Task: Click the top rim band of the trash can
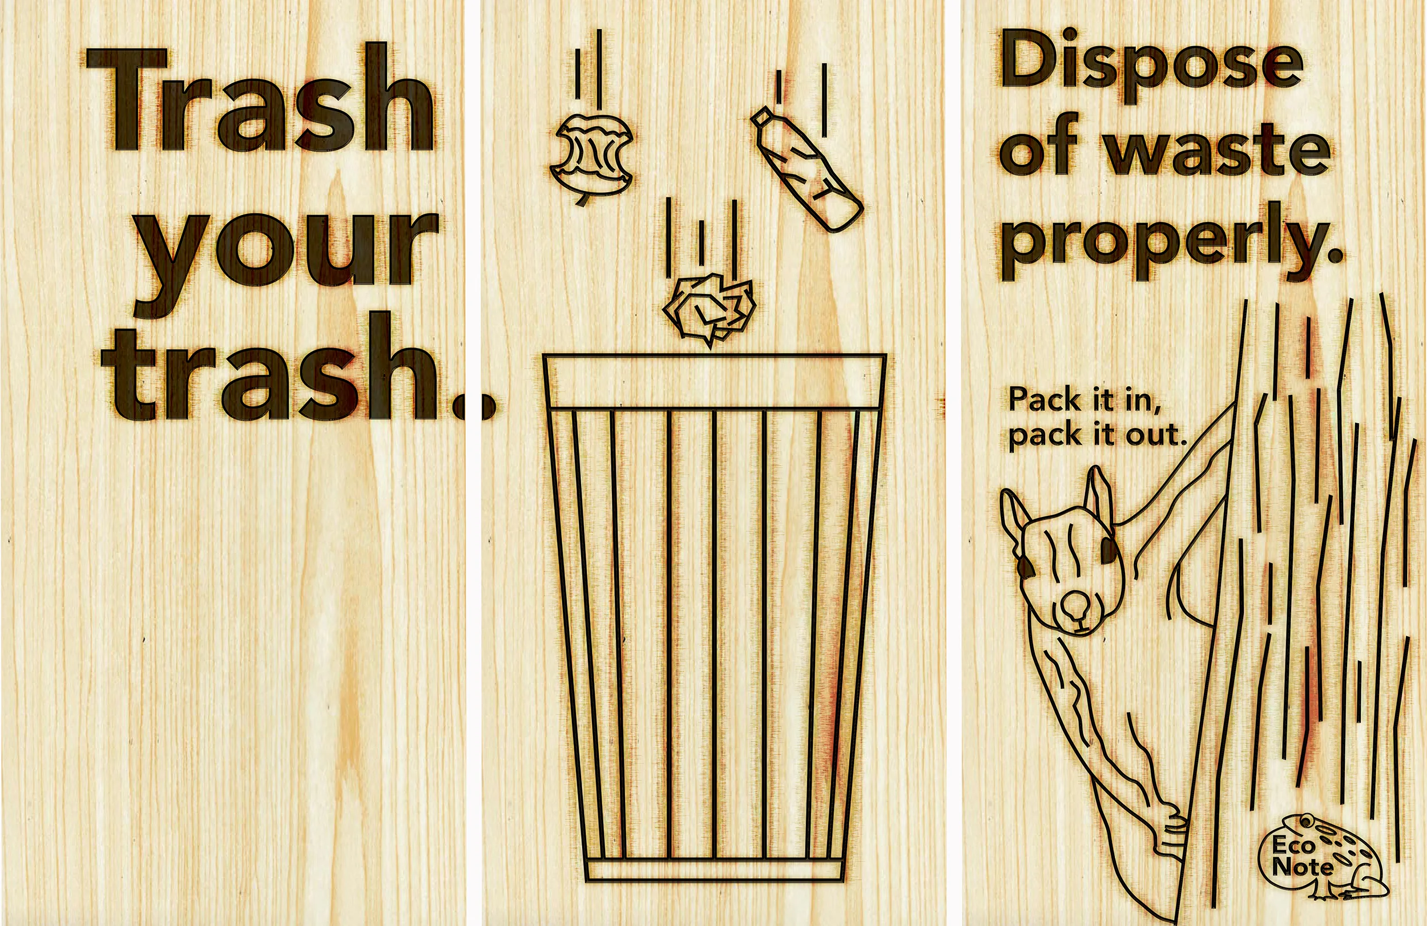click(x=714, y=381)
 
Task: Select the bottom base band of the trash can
click(x=714, y=870)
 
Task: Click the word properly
click(x=1169, y=242)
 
